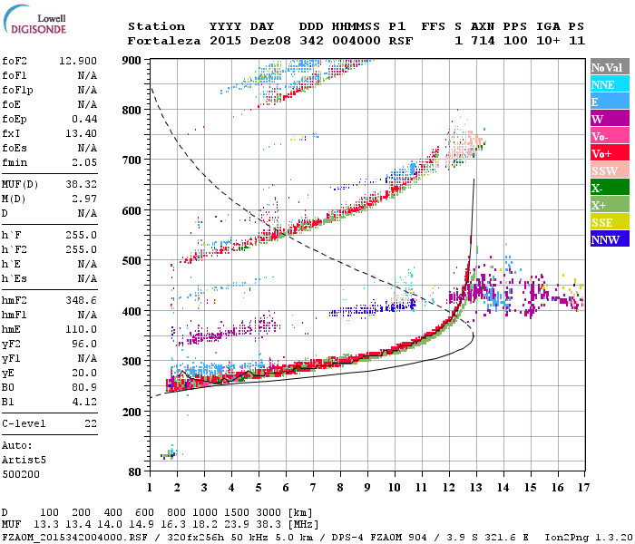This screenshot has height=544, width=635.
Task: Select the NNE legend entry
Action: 603,84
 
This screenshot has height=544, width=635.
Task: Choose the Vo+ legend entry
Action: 603,153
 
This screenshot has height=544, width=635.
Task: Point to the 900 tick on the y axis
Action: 132,60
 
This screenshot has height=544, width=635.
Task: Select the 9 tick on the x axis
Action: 367,487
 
